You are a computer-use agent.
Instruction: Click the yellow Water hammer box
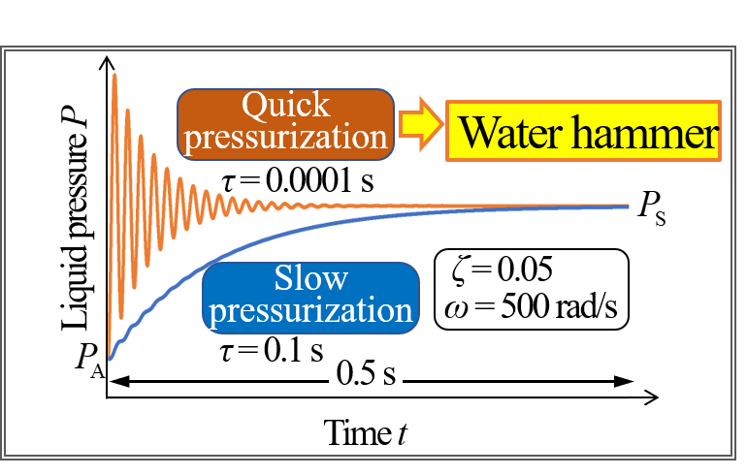pos(583,131)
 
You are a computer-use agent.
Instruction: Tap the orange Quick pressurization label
pos(285,124)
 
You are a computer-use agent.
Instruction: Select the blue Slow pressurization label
pos(310,298)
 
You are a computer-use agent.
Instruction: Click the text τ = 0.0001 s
pos(298,181)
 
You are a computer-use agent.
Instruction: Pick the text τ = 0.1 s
pos(272,351)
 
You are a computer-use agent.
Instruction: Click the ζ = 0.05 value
pos(503,270)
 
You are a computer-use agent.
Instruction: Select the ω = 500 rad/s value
pos(531,307)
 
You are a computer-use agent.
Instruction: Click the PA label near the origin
pos(90,362)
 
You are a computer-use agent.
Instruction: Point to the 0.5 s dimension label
pos(366,373)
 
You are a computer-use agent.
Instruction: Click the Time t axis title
pos(366,433)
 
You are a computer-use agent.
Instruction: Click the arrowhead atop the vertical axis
pos(107,62)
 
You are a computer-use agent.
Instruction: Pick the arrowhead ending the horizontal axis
pos(653,397)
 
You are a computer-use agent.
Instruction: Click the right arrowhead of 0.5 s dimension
pos(624,381)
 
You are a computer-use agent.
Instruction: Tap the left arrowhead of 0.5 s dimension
pos(119,381)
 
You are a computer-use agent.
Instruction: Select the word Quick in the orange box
pos(286,106)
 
